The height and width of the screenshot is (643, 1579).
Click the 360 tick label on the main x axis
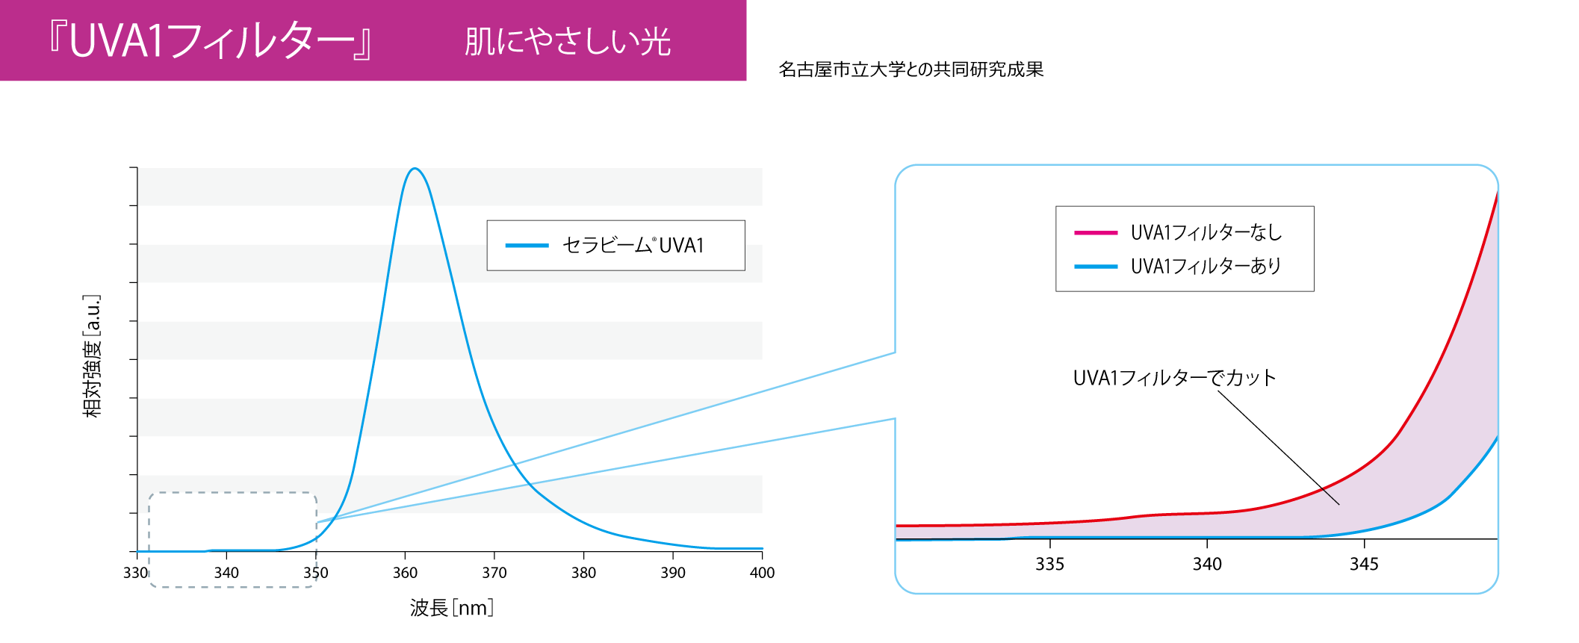(405, 573)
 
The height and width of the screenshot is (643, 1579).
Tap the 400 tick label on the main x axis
(762, 573)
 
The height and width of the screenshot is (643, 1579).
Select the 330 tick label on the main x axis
(136, 573)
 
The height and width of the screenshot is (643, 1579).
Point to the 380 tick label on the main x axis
(583, 573)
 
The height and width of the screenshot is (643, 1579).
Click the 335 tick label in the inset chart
(1049, 565)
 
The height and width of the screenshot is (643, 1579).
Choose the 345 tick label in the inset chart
(1364, 565)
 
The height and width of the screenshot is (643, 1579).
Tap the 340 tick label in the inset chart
(1207, 565)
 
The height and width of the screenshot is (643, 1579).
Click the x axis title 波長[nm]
(452, 608)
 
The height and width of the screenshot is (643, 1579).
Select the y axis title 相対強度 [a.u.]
(92, 356)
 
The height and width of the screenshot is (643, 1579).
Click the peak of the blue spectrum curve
(415, 169)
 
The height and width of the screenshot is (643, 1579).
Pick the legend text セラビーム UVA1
(633, 245)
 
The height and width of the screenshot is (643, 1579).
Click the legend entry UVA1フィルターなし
(1206, 233)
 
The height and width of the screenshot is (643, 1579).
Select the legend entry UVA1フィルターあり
(1206, 266)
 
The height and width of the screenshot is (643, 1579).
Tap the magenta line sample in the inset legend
(1096, 233)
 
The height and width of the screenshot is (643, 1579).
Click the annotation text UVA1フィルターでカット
(1174, 378)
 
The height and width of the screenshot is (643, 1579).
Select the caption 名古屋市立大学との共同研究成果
(911, 69)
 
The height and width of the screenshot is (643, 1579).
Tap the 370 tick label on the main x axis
(494, 573)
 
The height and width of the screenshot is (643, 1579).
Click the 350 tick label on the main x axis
(315, 573)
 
